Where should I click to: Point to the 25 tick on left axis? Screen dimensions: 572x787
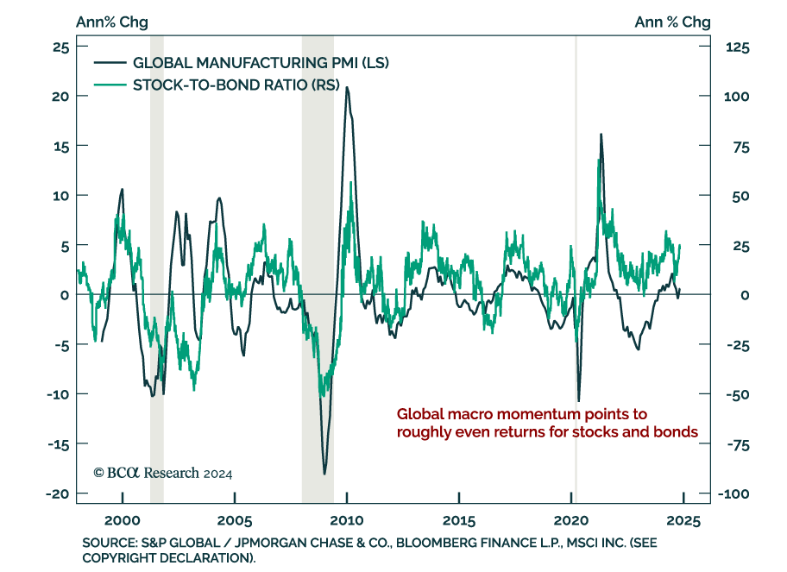(60, 47)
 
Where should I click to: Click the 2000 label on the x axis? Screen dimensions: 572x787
(122, 521)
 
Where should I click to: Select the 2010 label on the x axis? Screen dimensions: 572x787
(346, 521)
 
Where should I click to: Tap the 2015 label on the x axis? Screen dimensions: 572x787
(458, 521)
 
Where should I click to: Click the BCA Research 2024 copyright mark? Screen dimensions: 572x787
(162, 473)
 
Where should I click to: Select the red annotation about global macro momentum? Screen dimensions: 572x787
(546, 423)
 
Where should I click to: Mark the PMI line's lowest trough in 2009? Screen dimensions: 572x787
(324, 474)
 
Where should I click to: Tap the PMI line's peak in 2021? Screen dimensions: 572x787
(601, 135)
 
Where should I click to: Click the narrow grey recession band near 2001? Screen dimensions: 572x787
(156, 259)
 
